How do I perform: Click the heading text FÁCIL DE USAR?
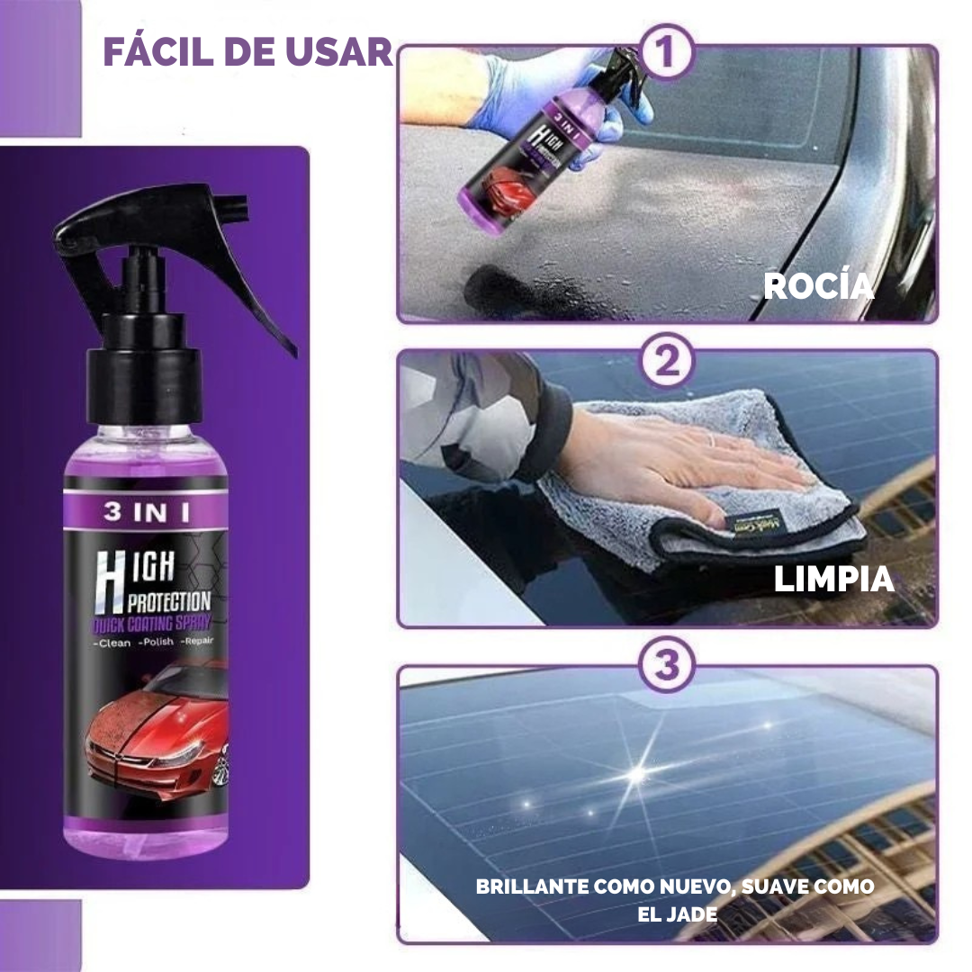(x=247, y=52)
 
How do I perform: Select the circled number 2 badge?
(x=666, y=362)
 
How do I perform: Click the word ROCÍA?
(x=818, y=286)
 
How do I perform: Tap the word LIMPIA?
(x=833, y=580)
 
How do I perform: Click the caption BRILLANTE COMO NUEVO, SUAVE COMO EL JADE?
(x=674, y=899)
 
